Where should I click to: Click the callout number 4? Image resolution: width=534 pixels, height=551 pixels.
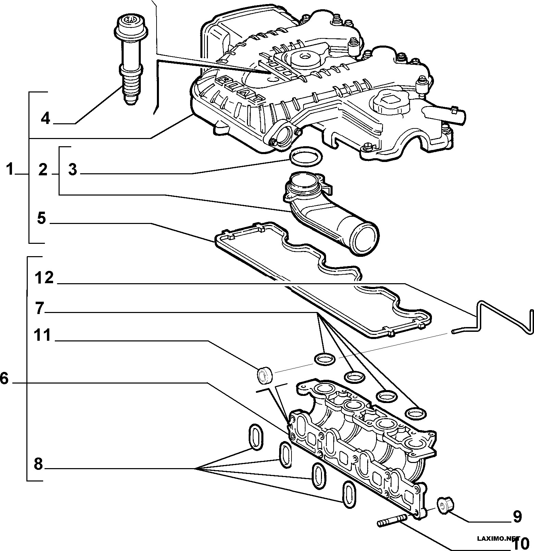click(x=45, y=118)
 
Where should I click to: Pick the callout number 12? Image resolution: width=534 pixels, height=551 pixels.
click(x=44, y=278)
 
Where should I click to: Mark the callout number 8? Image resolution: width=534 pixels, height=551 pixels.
click(x=38, y=464)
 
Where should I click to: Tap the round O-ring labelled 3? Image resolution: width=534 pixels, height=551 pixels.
click(x=306, y=158)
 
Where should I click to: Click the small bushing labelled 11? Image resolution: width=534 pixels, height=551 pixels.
click(x=265, y=375)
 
